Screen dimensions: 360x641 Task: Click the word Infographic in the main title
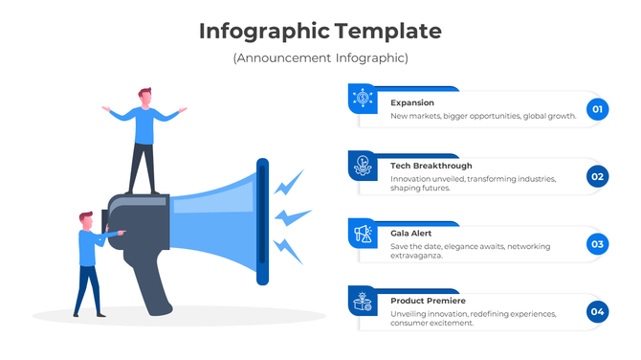click(265, 32)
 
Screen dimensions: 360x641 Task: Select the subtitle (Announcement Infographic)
click(320, 58)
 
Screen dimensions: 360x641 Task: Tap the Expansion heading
click(412, 102)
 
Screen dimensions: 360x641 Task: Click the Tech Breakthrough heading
click(431, 166)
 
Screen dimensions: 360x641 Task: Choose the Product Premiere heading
click(429, 301)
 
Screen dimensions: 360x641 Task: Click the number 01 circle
click(598, 110)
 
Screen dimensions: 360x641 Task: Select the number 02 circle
click(598, 176)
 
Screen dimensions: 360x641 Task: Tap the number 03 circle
click(598, 244)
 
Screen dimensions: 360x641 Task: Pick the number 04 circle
click(598, 311)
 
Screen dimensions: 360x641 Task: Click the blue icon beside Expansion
click(363, 98)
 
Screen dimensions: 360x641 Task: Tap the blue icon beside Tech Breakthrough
click(363, 165)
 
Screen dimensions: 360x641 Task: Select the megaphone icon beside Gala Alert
click(363, 233)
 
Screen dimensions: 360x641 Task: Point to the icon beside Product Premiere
click(363, 300)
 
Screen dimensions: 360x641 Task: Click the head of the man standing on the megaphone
click(145, 97)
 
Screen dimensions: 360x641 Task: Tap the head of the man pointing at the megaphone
click(86, 222)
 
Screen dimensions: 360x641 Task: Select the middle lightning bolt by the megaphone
click(292, 217)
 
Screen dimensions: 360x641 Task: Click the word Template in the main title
click(388, 32)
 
